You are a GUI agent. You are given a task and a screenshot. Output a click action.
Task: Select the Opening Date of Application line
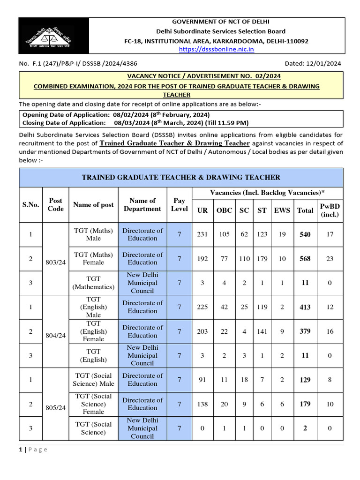pos(116,115)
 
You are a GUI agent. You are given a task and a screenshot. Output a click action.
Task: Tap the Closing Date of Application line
pos(135,123)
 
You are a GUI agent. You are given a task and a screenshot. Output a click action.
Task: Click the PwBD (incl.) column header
pos(330,210)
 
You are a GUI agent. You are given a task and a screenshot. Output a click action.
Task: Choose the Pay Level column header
pos(179,205)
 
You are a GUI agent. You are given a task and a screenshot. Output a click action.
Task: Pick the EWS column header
pos(282,210)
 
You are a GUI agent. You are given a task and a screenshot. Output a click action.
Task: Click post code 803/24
pos(56,262)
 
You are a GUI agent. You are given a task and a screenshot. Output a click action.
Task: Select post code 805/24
pos(56,408)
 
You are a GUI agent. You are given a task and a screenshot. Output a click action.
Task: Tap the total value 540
pos(305,234)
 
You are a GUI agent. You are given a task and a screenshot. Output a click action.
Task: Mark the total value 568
pos(305,259)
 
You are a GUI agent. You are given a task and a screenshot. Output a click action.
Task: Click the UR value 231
pos(202,234)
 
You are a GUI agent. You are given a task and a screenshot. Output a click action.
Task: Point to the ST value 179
pos(262,259)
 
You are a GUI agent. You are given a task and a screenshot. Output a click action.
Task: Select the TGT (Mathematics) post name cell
pos(94,283)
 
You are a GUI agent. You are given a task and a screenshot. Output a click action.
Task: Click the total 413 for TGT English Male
pos(305,307)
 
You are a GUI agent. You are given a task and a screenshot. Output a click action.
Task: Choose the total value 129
pos(305,380)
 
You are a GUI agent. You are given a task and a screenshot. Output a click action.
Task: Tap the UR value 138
pos(202,404)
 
